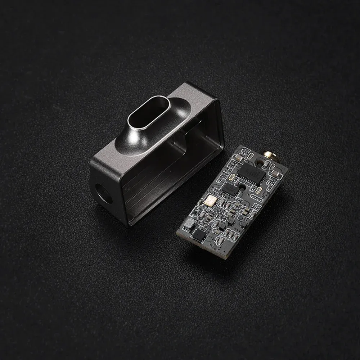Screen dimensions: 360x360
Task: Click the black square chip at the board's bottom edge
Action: (198, 236)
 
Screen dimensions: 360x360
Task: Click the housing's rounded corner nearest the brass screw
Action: (216, 104)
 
